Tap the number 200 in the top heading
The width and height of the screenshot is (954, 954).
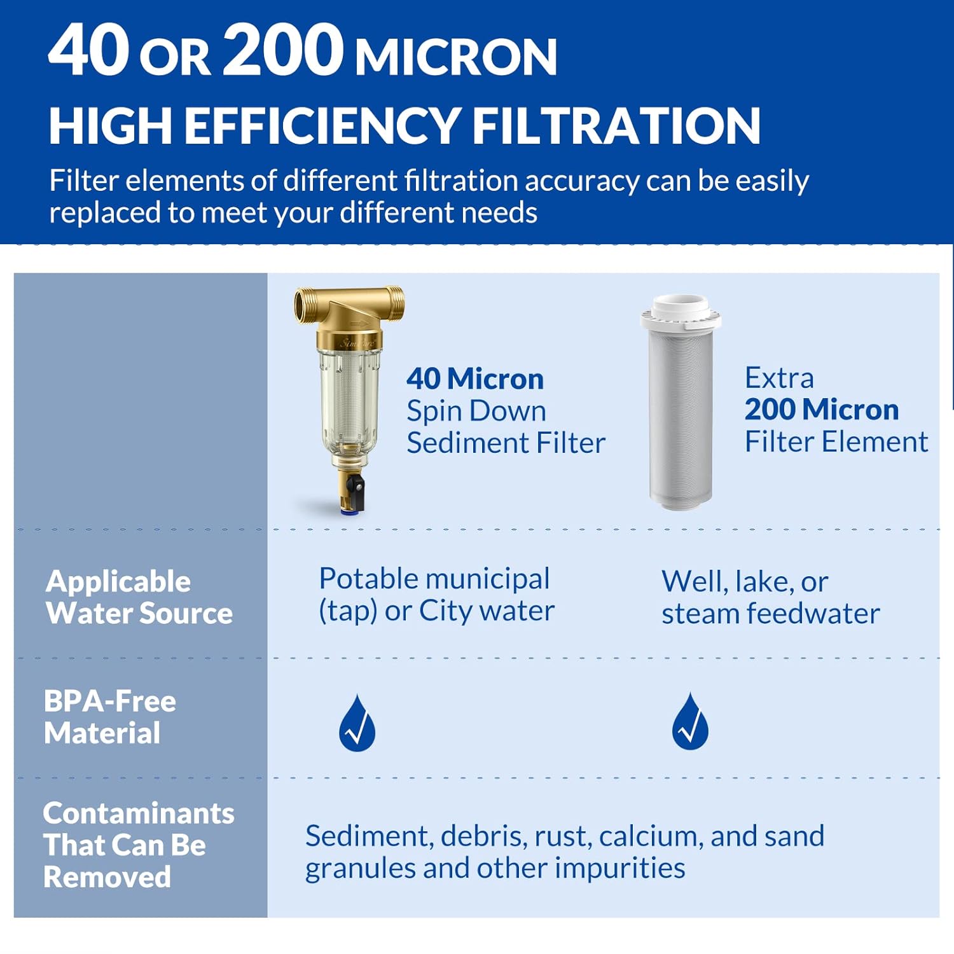click(x=282, y=51)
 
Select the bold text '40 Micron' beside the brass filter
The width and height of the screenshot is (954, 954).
click(x=475, y=379)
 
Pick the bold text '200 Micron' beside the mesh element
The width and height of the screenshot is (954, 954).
click(x=821, y=410)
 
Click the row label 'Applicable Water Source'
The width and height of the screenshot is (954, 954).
click(x=139, y=597)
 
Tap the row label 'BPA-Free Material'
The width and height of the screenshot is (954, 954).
click(x=109, y=717)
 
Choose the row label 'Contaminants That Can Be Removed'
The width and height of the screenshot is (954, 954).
click(x=138, y=845)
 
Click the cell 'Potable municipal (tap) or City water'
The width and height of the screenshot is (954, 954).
click(x=436, y=595)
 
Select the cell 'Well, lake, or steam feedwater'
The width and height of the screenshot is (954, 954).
click(x=770, y=597)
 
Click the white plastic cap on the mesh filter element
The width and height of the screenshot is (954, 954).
click(x=681, y=312)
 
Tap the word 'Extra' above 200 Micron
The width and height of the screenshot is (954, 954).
click(x=779, y=378)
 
